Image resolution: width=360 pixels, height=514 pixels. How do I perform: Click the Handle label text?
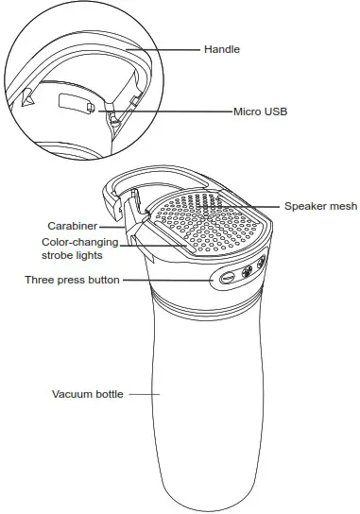tap(222, 47)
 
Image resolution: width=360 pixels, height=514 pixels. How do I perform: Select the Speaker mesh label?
tap(321, 206)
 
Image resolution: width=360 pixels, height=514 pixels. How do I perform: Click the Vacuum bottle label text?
tap(86, 393)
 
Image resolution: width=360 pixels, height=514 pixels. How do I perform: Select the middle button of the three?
tap(246, 271)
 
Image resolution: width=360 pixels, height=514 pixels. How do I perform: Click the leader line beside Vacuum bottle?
tap(138, 393)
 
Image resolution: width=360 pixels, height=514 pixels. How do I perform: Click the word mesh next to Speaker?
tap(342, 206)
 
